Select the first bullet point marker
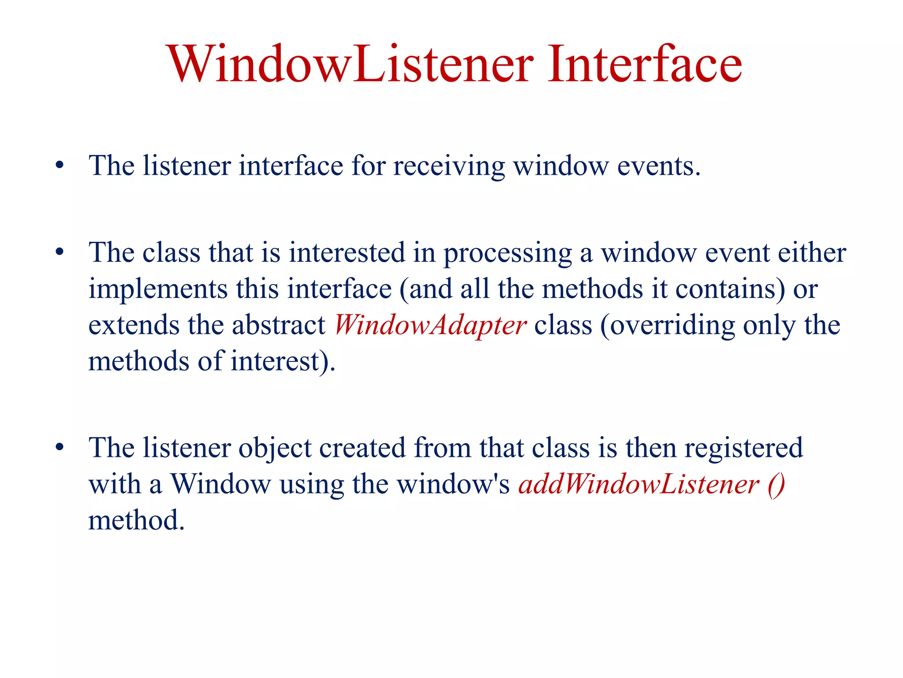(x=60, y=166)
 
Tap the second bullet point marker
(x=60, y=253)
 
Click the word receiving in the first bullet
(x=449, y=167)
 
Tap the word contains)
(x=730, y=290)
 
